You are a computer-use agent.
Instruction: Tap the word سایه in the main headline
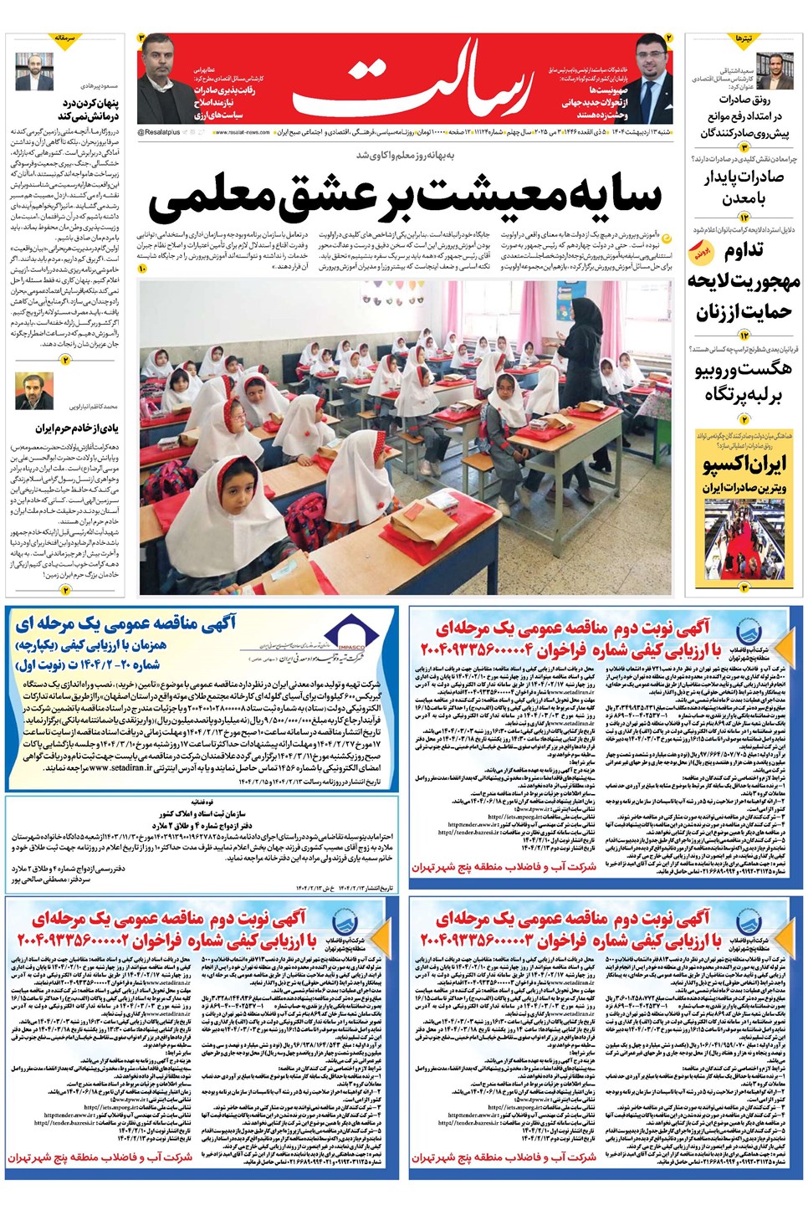(615, 197)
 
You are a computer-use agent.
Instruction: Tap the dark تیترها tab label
(744, 39)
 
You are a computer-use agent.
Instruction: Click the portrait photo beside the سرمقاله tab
(34, 71)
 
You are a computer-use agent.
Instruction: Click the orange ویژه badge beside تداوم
(701, 251)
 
